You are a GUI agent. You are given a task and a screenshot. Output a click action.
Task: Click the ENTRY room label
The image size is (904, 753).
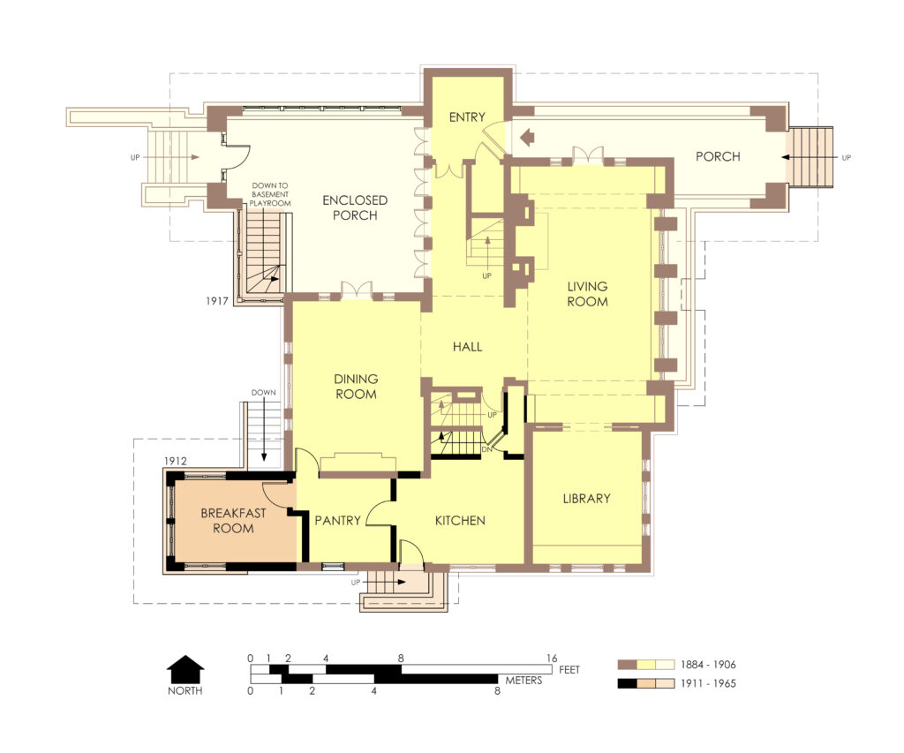[466, 118]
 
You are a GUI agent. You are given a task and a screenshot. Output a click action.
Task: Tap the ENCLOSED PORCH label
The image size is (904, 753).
[356, 207]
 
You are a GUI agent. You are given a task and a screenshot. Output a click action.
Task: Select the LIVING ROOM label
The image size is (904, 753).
[587, 294]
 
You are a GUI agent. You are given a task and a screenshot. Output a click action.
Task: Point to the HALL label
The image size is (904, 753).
[467, 347]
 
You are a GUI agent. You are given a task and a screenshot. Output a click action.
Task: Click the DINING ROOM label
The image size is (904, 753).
[356, 387]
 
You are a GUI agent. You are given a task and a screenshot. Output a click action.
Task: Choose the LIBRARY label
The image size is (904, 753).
[586, 499]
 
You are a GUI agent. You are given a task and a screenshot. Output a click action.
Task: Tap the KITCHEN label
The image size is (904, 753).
[460, 521]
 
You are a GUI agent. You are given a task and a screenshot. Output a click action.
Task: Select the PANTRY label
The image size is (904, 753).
[338, 521]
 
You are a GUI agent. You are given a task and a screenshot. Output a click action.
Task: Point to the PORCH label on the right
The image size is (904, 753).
[717, 157]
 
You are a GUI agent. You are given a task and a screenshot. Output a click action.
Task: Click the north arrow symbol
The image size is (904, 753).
[185, 668]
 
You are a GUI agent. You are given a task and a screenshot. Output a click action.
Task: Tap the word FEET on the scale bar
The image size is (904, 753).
[570, 670]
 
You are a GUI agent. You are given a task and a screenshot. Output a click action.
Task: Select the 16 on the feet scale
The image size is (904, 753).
[552, 658]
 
